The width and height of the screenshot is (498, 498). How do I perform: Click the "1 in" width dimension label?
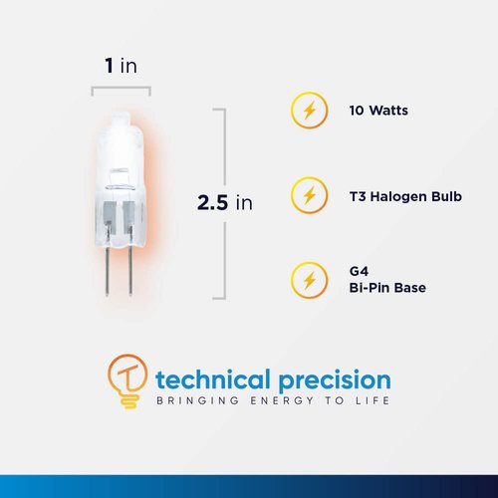pos(121,66)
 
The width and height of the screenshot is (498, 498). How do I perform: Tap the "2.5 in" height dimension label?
pos(225,202)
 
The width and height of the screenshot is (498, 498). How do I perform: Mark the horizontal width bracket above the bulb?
pos(121,89)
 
